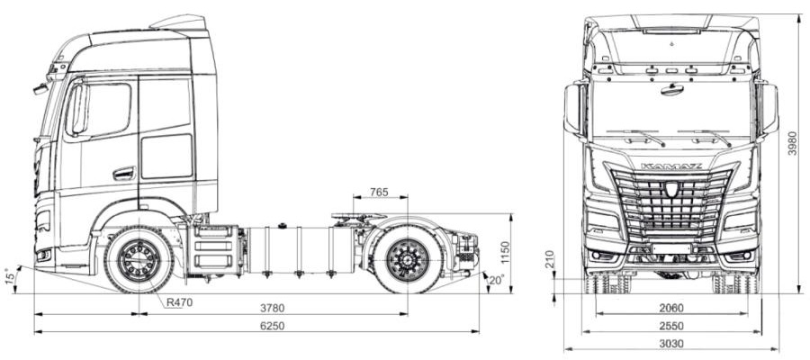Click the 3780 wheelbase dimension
(x=272, y=309)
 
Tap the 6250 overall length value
(x=272, y=326)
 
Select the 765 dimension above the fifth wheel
(x=379, y=192)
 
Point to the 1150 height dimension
(x=505, y=253)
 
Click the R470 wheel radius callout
(x=179, y=302)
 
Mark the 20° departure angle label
(x=496, y=280)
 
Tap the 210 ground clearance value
(x=549, y=259)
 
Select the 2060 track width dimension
(x=671, y=309)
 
